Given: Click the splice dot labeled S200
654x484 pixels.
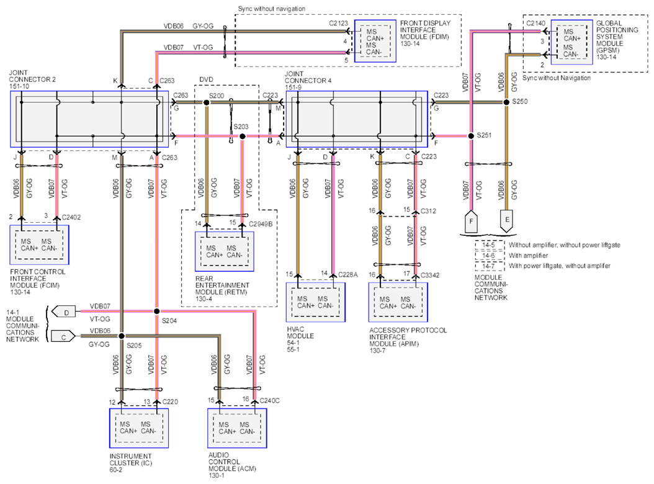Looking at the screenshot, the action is [206, 102].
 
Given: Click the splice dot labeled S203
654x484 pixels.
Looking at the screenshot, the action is [243, 136].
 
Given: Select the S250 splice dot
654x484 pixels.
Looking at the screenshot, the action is [506, 102].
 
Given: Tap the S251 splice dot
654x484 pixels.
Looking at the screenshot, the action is [471, 136].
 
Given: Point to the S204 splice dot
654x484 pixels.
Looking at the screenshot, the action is [157, 311].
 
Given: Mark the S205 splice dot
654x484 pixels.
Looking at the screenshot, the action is [122, 336].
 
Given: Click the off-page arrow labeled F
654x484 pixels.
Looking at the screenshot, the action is [472, 222].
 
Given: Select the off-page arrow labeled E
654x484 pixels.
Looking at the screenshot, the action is [507, 221].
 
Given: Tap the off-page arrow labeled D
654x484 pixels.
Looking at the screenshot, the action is [63, 312].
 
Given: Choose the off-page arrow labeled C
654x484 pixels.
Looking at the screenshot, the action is [63, 337].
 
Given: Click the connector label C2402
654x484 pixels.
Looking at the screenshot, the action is [71, 217].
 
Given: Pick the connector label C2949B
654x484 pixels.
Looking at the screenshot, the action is [261, 224].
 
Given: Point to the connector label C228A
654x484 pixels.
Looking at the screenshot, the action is [348, 274].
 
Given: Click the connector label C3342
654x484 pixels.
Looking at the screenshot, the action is [430, 275].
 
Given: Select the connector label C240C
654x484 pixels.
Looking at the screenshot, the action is [270, 401].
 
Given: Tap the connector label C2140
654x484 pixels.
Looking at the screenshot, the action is [535, 24].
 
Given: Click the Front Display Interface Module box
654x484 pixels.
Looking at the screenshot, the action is [375, 41].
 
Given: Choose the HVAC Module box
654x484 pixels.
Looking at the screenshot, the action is [316, 302].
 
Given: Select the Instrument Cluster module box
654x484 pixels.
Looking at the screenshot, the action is [139, 428].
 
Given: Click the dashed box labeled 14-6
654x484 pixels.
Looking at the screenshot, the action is [489, 256].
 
